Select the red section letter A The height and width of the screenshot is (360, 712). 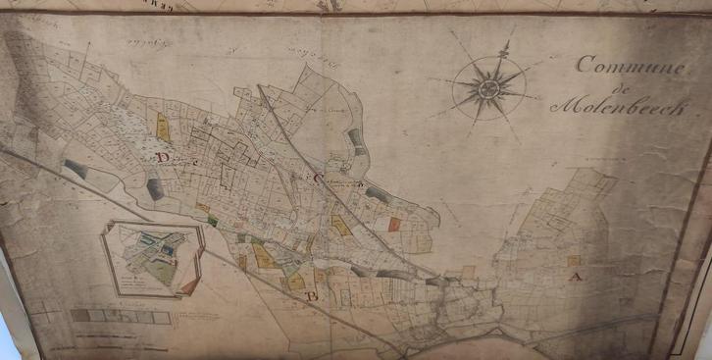click(x=577, y=278)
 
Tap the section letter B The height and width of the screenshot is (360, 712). click(x=313, y=295)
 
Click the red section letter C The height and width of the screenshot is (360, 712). click(x=318, y=179)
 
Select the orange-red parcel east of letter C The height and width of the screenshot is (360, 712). click(x=394, y=224)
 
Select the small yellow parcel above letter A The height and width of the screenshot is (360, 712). click(x=574, y=260)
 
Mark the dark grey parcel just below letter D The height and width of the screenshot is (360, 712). click(x=155, y=188)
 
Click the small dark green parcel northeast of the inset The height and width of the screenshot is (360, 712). click(x=212, y=221)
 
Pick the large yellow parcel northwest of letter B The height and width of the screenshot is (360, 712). click(x=263, y=256)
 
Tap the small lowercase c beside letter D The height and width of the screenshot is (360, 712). click(x=178, y=160)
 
